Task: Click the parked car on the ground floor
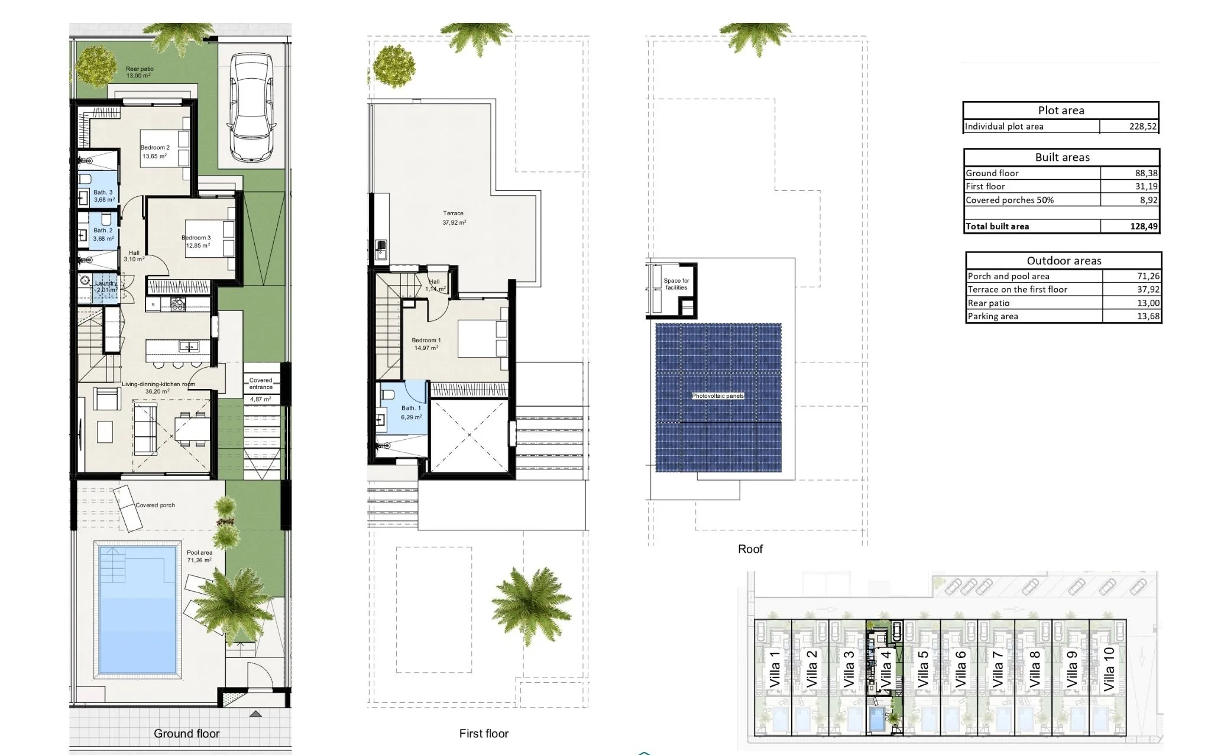pyautogui.click(x=251, y=108)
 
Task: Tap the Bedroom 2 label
pyautogui.click(x=155, y=152)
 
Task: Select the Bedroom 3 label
pyautogui.click(x=196, y=242)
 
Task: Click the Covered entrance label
pyautogui.click(x=261, y=384)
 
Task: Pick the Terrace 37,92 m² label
pyautogui.click(x=454, y=218)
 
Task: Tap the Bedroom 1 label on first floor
pyautogui.click(x=426, y=344)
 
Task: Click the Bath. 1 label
pyautogui.click(x=411, y=413)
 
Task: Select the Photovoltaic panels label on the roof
pyautogui.click(x=718, y=396)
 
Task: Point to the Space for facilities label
pyautogui.click(x=676, y=284)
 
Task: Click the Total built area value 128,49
pyautogui.click(x=1144, y=226)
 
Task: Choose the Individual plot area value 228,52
pyautogui.click(x=1142, y=127)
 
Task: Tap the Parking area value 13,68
pyautogui.click(x=1148, y=316)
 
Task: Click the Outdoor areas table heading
pyautogui.click(x=1064, y=261)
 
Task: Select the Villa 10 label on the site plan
pyautogui.click(x=1109, y=669)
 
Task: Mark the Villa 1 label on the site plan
pyautogui.click(x=774, y=669)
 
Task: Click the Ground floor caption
pyautogui.click(x=186, y=734)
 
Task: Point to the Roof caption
pyautogui.click(x=750, y=549)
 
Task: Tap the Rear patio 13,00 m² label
pyautogui.click(x=140, y=73)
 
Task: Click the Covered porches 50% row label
pyautogui.click(x=1009, y=200)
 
